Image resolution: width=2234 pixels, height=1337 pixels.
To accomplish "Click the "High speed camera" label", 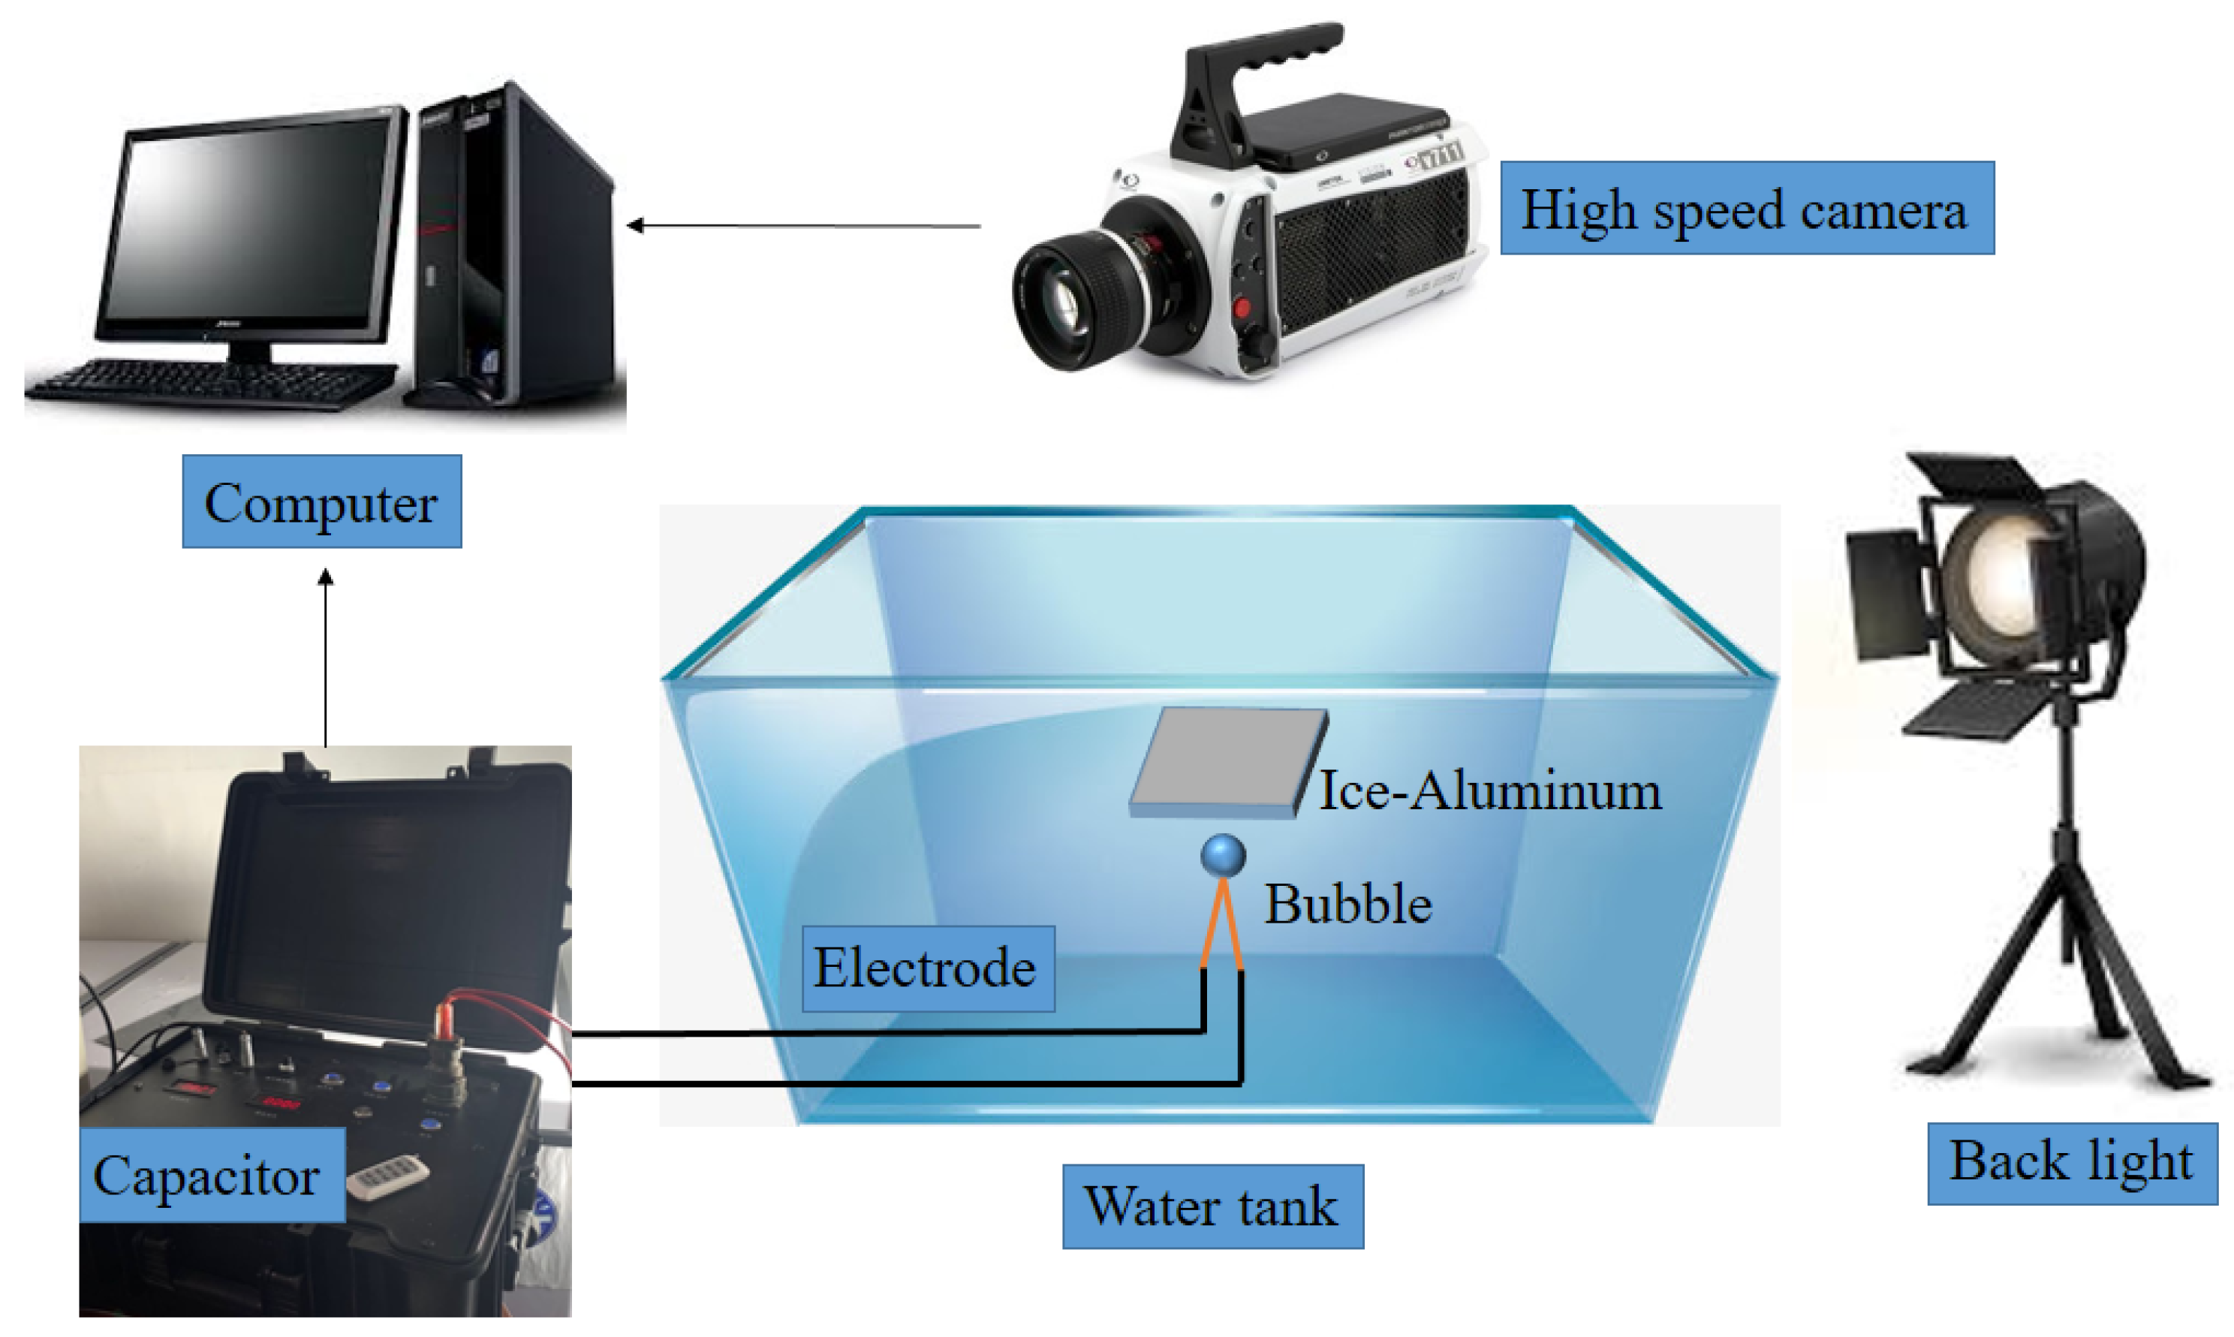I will tap(1746, 208).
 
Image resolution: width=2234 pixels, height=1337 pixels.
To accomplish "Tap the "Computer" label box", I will tap(321, 501).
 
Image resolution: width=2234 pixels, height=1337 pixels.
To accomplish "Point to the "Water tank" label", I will tap(1212, 1206).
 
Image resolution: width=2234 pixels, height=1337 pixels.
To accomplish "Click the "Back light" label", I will tap(2071, 1161).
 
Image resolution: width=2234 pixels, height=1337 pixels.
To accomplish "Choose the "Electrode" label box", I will tap(927, 968).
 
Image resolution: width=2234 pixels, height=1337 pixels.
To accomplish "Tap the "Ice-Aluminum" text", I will tap(1490, 792).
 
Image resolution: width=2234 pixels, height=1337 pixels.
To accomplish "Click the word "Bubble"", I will tap(1347, 904).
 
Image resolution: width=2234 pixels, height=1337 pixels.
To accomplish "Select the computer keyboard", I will tap(212, 383).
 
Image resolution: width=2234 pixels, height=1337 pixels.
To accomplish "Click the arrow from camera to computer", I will tap(802, 225).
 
